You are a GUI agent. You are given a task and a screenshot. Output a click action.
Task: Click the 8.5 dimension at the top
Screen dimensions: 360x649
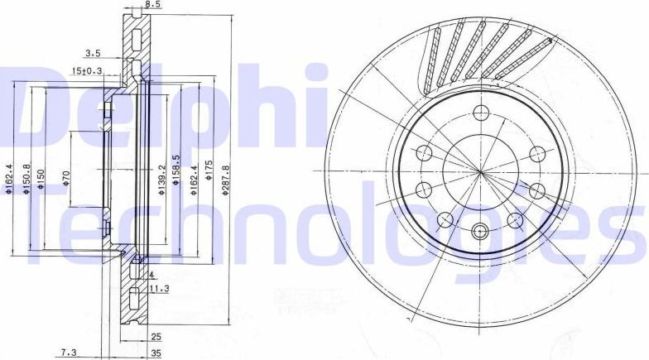click(152, 5)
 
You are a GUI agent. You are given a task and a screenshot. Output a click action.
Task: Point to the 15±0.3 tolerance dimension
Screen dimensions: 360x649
click(87, 70)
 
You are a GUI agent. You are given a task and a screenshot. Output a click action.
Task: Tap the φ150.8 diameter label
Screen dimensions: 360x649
click(27, 180)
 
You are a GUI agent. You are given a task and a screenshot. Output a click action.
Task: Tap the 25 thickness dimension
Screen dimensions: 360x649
click(155, 337)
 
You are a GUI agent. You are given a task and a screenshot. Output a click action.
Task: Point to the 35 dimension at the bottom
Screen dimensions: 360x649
click(155, 353)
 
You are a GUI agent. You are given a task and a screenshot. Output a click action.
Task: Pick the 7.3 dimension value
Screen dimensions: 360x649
click(70, 353)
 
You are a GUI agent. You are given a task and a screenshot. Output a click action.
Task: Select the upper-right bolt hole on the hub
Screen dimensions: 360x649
click(536, 153)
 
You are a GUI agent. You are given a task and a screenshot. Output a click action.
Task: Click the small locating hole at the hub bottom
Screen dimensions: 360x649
click(481, 232)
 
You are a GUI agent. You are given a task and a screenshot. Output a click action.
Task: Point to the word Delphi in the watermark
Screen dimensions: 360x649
click(166, 103)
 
